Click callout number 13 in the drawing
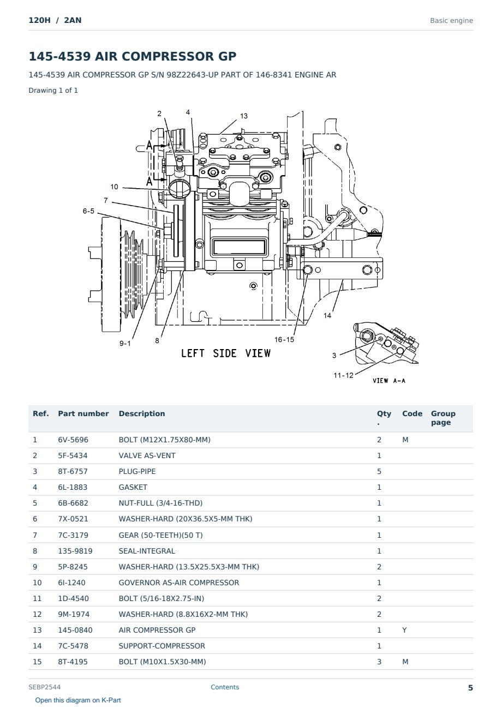pos(243,116)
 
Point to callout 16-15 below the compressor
pos(284,340)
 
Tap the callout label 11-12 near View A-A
pos(343,375)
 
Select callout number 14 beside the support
pos(327,316)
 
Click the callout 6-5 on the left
pos(88,211)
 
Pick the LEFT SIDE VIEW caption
pos(226,353)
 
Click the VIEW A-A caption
pos(389,381)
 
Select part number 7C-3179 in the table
pos(73,535)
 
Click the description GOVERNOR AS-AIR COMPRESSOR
pos(179,582)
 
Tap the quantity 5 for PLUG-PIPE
pos(379,472)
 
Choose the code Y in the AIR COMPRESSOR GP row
pos(404,630)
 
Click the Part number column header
pos(83,414)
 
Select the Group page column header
pos(443,418)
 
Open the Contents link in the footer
pos(225,687)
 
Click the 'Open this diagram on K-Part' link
pos(78,700)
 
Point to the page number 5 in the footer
pos(470,688)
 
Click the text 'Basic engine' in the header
pos(451,21)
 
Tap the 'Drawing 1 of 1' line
pos(53,91)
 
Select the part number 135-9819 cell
pos(75,551)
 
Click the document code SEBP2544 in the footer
pos(44,687)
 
